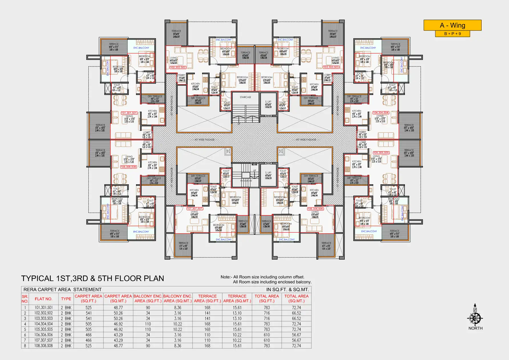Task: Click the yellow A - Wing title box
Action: [x=452, y=25]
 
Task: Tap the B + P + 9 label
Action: [x=452, y=34]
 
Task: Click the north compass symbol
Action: [x=475, y=318]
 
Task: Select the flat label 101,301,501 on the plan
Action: [x=129, y=113]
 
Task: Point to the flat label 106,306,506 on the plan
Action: [x=315, y=209]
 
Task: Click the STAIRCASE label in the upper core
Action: [x=246, y=97]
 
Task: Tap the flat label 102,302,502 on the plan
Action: [x=178, y=67]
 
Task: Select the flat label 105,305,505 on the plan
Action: [x=381, y=153]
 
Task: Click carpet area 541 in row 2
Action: [x=89, y=313]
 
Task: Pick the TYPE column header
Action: [x=66, y=299]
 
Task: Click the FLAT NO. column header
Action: [x=43, y=299]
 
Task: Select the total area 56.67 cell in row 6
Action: [x=296, y=335]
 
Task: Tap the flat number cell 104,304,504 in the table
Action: [x=44, y=324]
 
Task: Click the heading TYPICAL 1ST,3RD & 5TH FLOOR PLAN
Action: [x=92, y=278]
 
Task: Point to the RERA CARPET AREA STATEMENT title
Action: [x=62, y=290]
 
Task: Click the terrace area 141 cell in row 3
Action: [x=207, y=319]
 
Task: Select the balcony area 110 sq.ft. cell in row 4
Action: [x=148, y=324]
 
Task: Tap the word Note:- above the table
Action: [x=226, y=277]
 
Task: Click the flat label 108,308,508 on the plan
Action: [x=128, y=167]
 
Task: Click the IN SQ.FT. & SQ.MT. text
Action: [x=287, y=290]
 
